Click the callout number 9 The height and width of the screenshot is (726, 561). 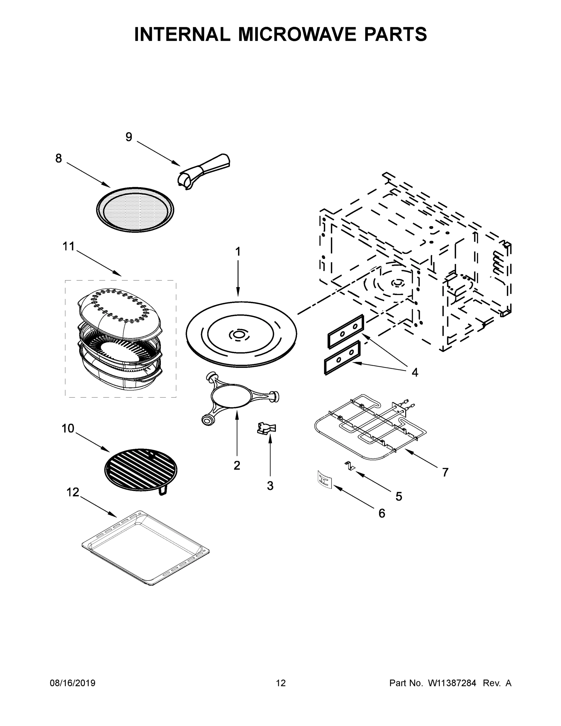click(x=129, y=137)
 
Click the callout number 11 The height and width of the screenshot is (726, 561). click(x=69, y=247)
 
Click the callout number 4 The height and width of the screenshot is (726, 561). click(x=414, y=372)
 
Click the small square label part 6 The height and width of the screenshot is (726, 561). click(x=323, y=480)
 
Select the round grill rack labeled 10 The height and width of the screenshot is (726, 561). click(x=141, y=469)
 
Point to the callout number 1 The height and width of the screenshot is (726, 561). click(x=238, y=252)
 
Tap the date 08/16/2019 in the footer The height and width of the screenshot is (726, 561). click(x=73, y=683)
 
